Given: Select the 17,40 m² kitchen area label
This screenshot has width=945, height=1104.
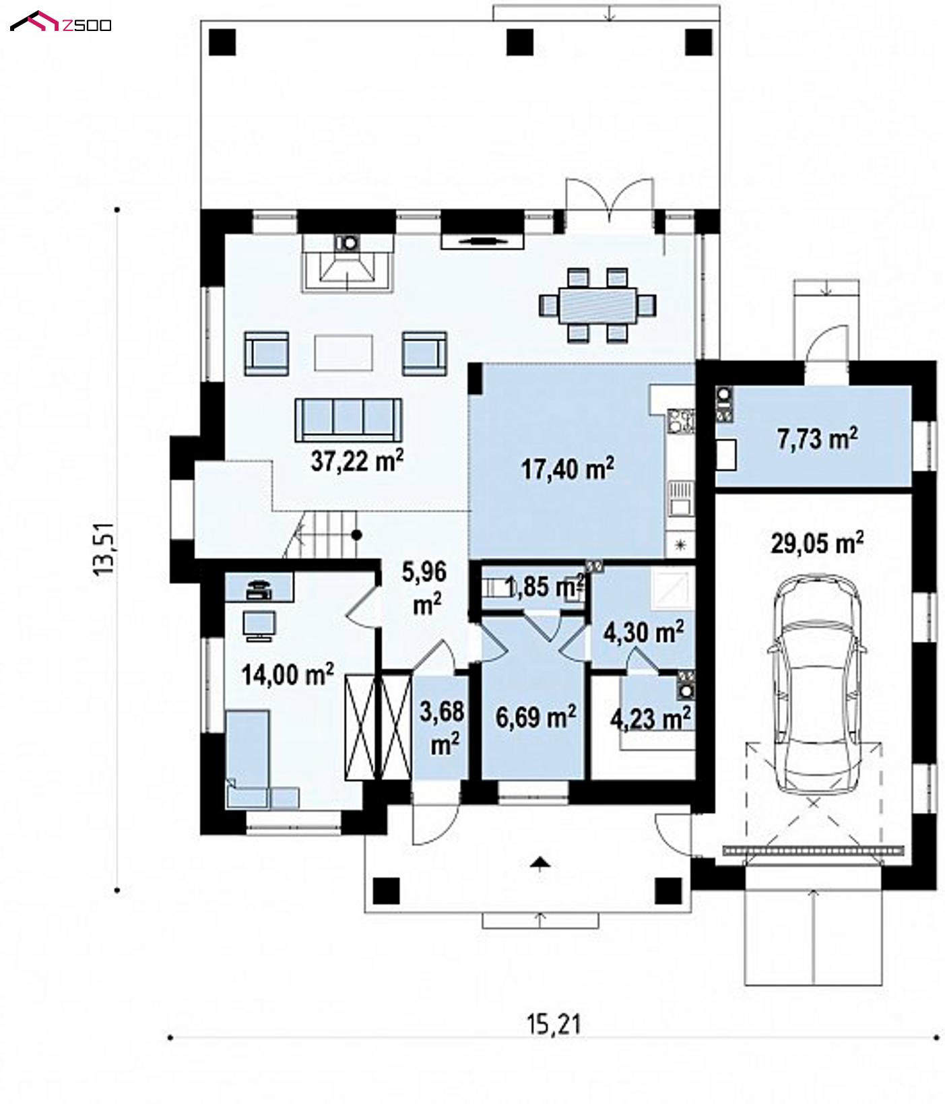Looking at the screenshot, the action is tap(568, 468).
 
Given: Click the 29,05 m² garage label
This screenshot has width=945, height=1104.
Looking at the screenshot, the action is tap(818, 541).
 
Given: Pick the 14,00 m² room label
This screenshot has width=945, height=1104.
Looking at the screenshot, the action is tap(288, 674).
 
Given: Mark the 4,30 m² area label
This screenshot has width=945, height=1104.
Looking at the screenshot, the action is tap(644, 631).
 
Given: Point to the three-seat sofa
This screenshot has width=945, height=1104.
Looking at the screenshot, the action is tap(348, 419).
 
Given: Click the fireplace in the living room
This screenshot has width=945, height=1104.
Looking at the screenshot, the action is tap(348, 263).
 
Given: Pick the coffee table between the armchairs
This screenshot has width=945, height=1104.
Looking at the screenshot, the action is tap(344, 353).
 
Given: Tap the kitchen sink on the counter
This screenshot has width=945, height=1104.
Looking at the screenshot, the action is tap(680, 498).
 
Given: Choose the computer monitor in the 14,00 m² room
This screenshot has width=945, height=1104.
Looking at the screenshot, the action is tap(259, 624).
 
